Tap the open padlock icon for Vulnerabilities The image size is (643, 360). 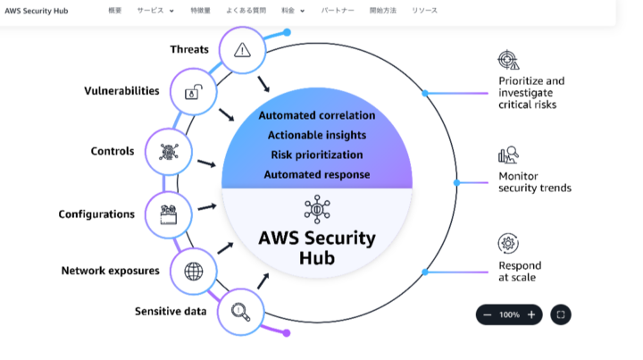click(x=193, y=91)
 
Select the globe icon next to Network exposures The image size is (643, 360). click(x=193, y=271)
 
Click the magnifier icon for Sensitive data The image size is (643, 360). click(x=240, y=312)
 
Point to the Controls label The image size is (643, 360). click(x=113, y=151)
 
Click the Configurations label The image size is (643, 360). click(x=96, y=214)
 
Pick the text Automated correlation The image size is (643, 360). click(x=317, y=115)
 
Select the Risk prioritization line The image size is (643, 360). click(x=317, y=155)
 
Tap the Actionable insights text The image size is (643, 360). click(x=317, y=135)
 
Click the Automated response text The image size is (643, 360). click(x=317, y=174)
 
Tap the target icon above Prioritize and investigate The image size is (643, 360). click(x=508, y=61)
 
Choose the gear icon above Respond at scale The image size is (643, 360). click(x=508, y=244)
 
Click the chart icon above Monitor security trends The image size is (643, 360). click(x=508, y=155)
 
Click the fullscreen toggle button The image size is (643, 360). click(x=560, y=314)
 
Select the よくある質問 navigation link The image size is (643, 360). click(x=246, y=11)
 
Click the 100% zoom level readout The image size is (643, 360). click(x=509, y=314)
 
